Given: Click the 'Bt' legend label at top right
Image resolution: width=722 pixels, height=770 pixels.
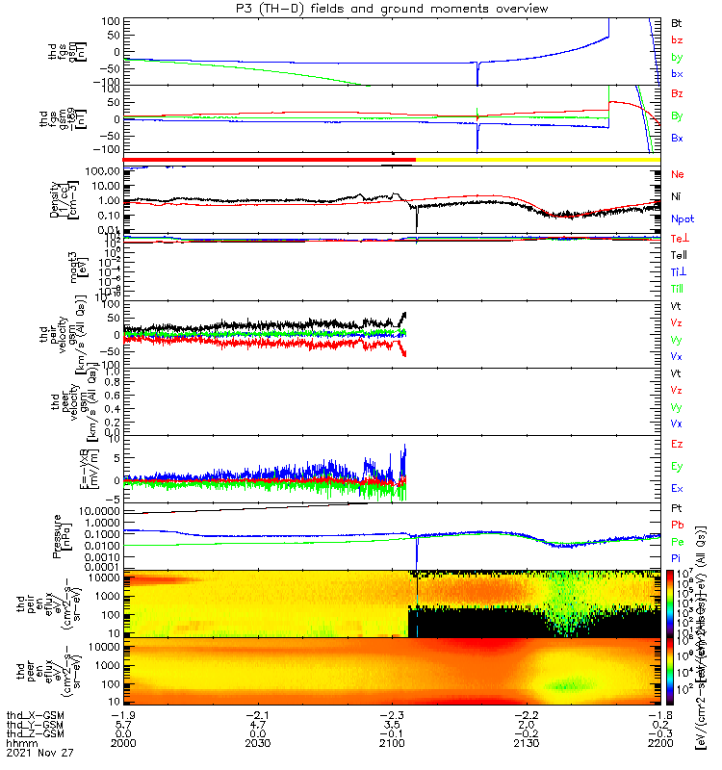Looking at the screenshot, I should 676,22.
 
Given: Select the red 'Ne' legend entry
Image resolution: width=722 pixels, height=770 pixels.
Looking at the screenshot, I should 677,174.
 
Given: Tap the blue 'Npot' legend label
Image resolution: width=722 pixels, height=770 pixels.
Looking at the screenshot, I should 682,218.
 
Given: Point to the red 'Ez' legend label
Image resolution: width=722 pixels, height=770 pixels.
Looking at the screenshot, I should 677,445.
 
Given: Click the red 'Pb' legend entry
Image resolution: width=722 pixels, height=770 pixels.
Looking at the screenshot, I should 677,525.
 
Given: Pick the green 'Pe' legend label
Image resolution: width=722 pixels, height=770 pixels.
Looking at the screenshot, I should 677,543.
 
